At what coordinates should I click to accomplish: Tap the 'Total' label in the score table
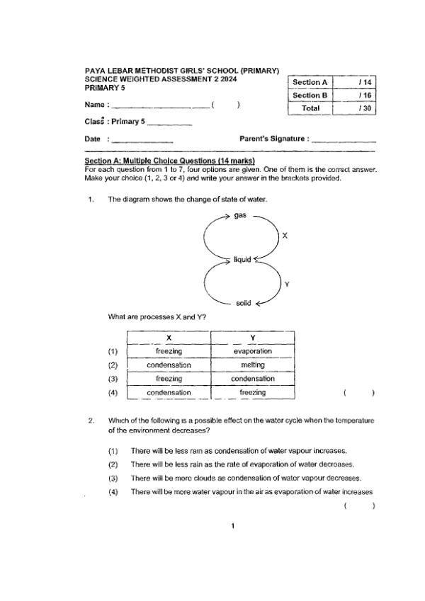tap(310, 108)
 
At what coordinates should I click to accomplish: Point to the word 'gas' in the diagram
tap(241, 215)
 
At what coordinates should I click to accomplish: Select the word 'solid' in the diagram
tap(242, 303)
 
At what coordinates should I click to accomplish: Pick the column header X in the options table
tap(169, 338)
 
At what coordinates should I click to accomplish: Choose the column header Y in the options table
tap(253, 338)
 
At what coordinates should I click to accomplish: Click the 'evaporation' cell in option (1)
tap(253, 351)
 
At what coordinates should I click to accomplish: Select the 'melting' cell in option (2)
tap(253, 365)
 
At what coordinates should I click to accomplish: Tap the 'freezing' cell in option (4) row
tap(253, 392)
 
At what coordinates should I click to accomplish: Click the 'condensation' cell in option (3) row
tap(253, 379)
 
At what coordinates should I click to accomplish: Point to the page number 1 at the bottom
tap(233, 526)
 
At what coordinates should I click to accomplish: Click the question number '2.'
tap(91, 421)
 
